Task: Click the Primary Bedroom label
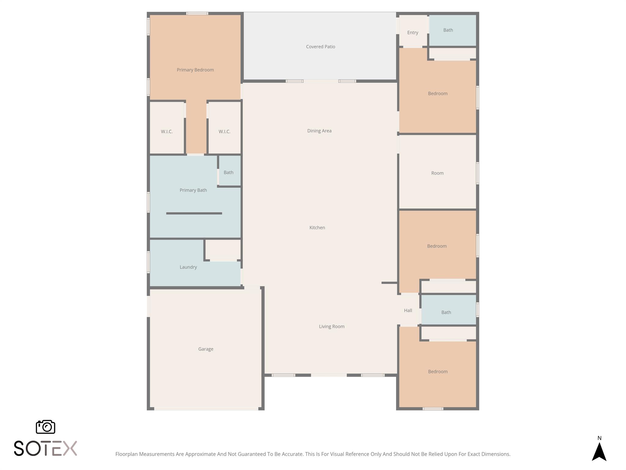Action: [x=195, y=70]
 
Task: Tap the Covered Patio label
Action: [x=320, y=47]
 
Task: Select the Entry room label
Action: [x=412, y=32]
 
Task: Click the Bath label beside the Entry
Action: [x=448, y=30]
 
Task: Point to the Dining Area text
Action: [x=319, y=131]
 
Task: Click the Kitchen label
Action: [x=317, y=227]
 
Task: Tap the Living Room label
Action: [x=331, y=326]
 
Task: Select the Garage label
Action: [x=205, y=349]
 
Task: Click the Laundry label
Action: [x=188, y=267]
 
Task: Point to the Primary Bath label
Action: [x=193, y=190]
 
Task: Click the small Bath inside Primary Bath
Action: [x=228, y=172]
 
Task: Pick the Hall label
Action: [x=408, y=310]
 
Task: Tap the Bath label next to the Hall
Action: [x=446, y=312]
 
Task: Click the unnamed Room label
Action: [x=437, y=173]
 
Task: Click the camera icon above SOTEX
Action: [x=46, y=427]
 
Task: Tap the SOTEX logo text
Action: [x=45, y=448]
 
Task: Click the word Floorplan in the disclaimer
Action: [x=126, y=454]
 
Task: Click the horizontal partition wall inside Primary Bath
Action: [x=194, y=213]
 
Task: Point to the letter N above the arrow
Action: [x=599, y=438]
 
